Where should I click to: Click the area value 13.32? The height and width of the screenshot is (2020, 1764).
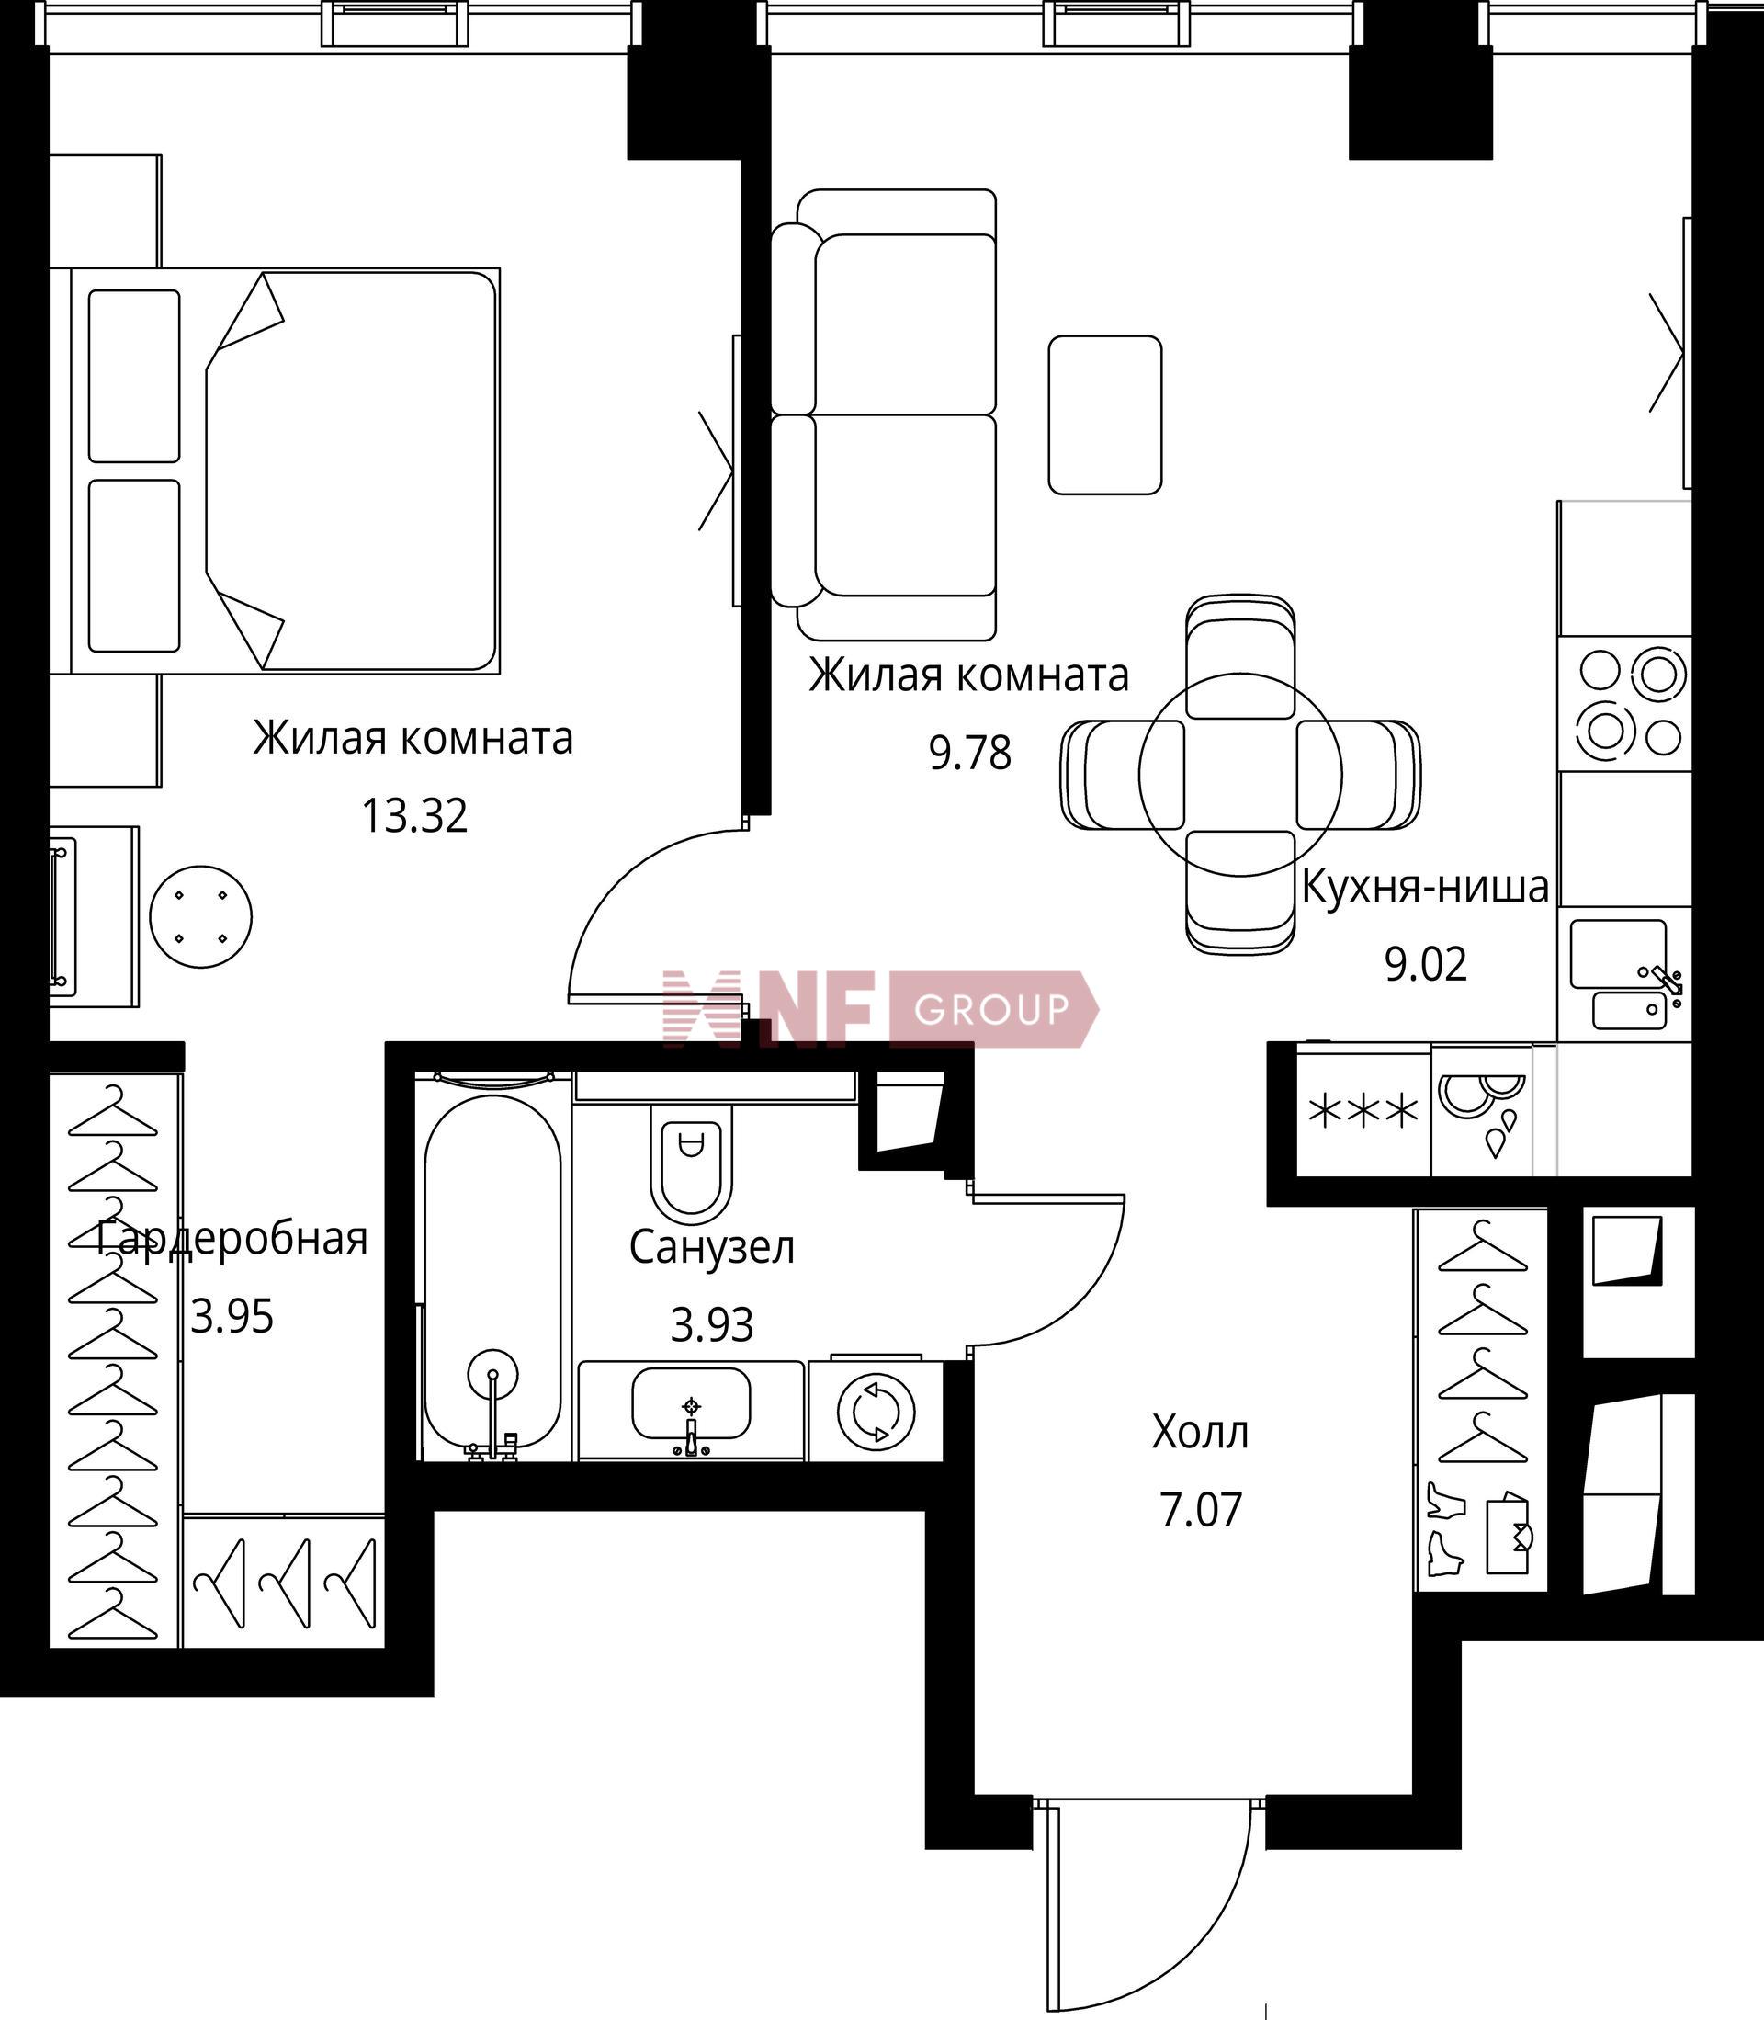414,816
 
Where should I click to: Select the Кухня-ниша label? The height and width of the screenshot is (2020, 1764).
1425,887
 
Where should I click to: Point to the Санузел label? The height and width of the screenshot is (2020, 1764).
712,1248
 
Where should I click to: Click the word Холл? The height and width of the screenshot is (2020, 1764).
1200,1433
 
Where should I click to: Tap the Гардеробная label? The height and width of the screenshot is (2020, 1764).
232,1239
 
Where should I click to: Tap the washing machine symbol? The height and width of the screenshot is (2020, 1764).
875,1412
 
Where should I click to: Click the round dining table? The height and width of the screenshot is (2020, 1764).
1240,775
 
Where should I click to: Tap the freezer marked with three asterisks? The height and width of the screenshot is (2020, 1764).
1363,1111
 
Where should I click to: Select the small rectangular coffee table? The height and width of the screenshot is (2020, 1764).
1105,414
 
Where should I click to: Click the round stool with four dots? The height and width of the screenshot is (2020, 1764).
201,916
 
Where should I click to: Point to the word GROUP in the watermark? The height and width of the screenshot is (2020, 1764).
991,1009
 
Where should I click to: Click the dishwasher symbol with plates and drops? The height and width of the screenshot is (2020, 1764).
1481,1111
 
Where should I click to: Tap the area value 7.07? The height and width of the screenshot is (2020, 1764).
1201,1509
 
